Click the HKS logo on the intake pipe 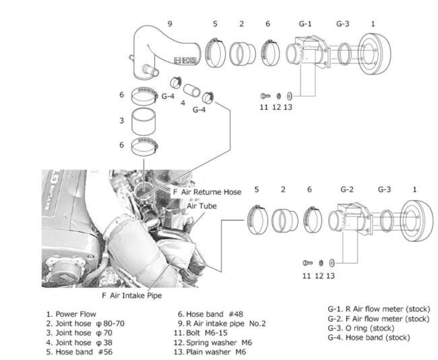[186, 61]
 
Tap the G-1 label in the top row [305, 24]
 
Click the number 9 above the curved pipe [170, 24]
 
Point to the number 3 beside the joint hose [122, 121]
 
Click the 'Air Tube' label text [201, 206]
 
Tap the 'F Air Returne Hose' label [207, 192]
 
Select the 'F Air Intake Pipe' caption [132, 295]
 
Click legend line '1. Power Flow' [71, 314]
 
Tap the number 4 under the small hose [183, 103]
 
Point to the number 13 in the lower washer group [330, 275]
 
